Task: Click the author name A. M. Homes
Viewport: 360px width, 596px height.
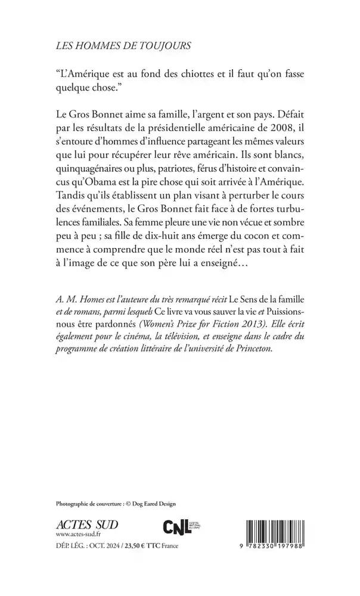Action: click(77, 297)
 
